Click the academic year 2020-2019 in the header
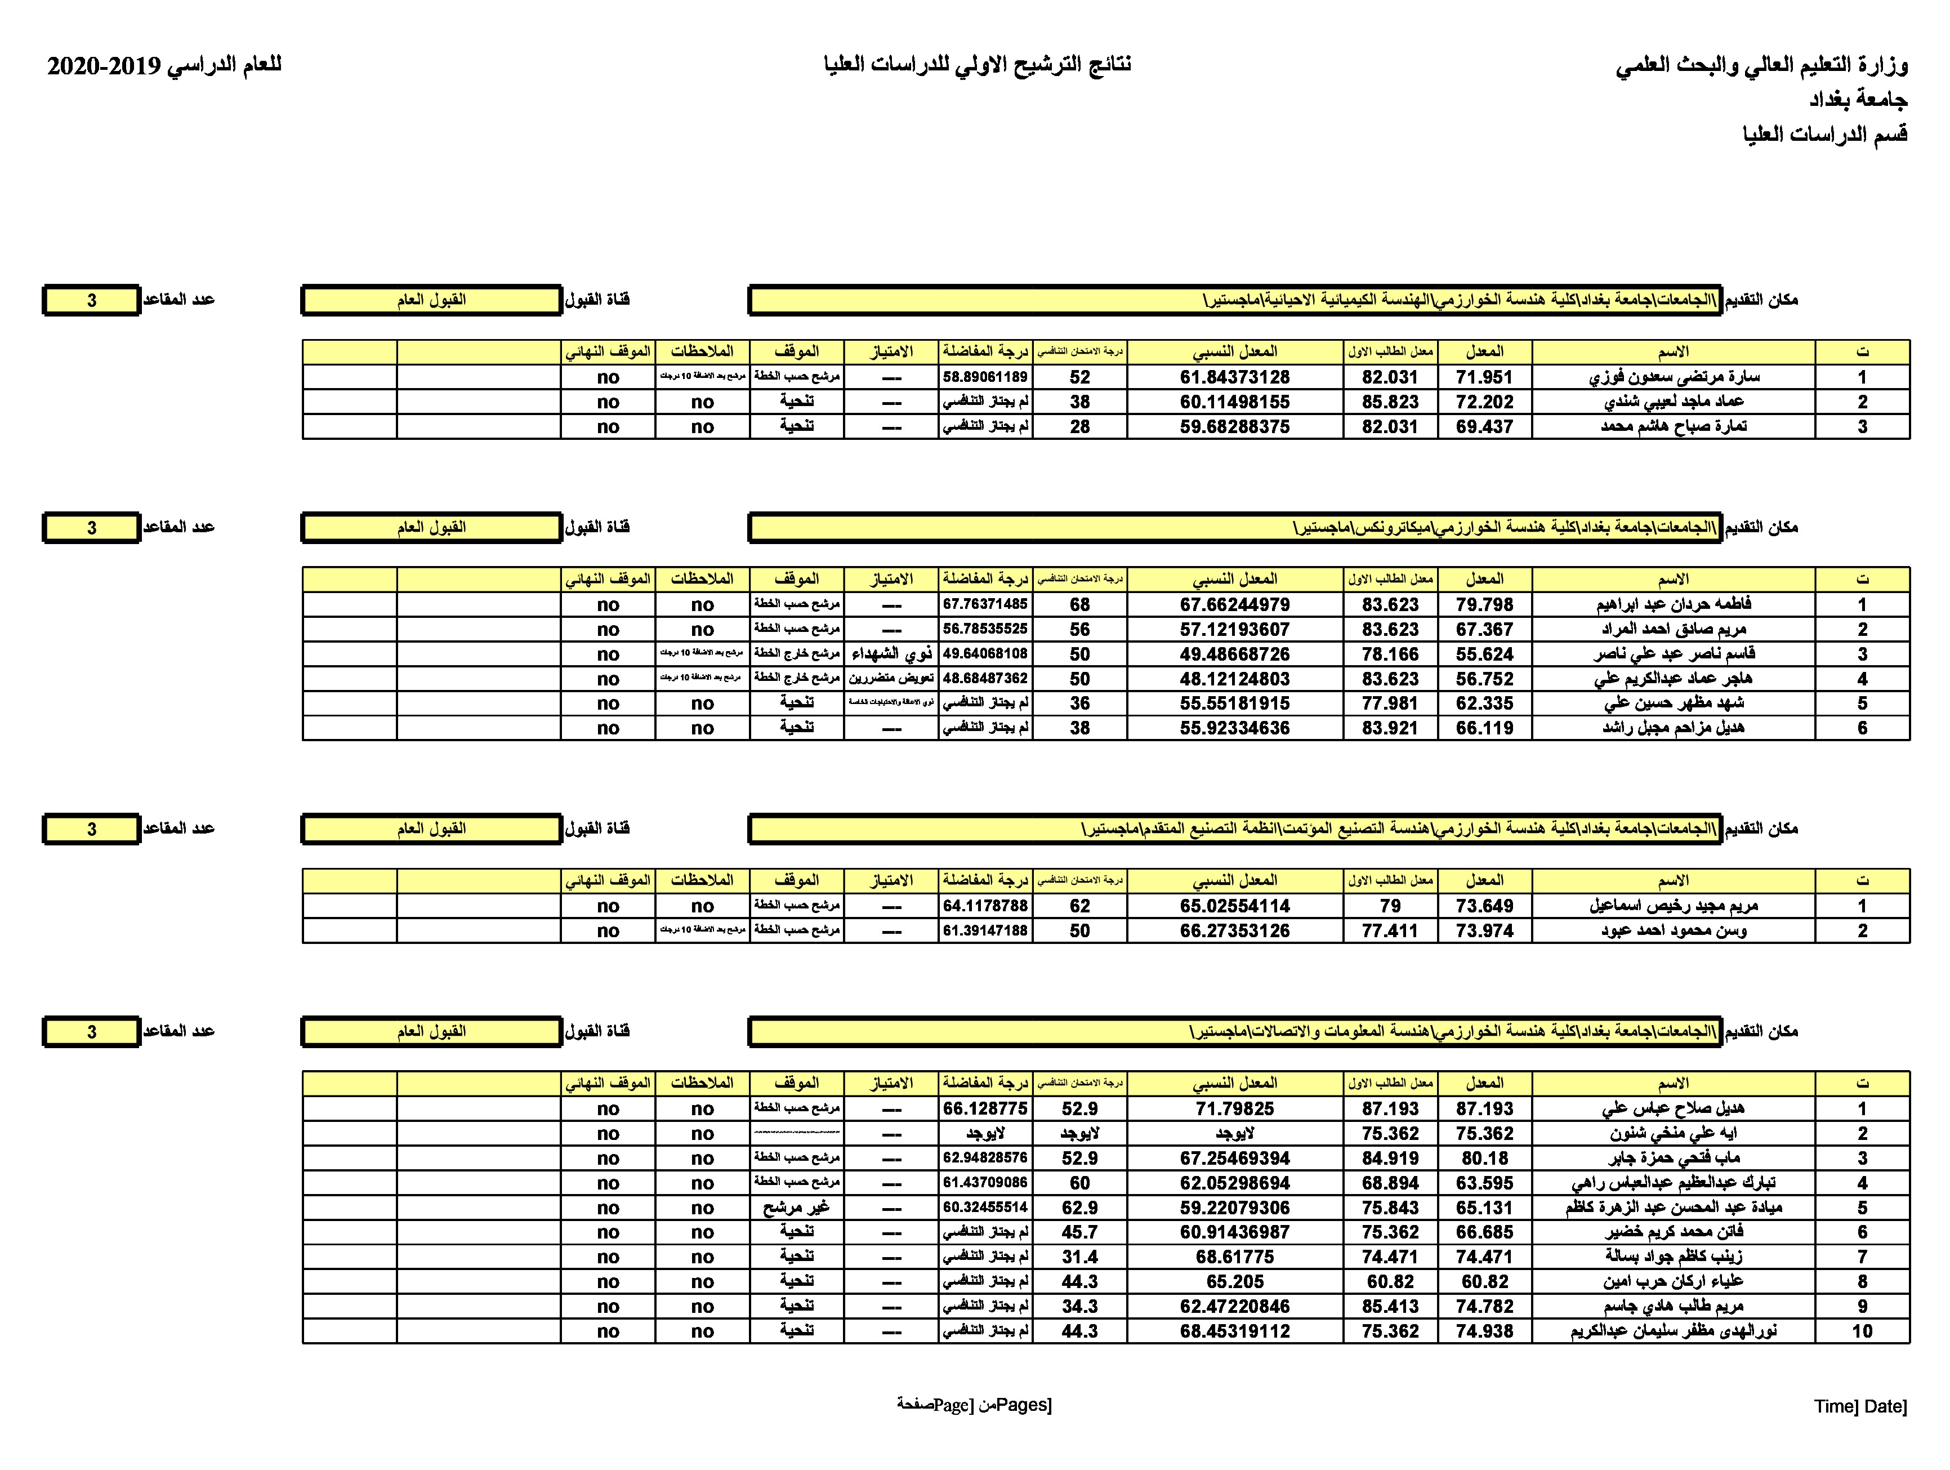tap(104, 65)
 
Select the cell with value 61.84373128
tap(1234, 377)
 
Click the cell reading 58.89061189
tap(985, 377)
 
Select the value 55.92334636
tap(1234, 728)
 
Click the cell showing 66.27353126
tap(1234, 931)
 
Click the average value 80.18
tap(1484, 1159)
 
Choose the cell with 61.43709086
tap(985, 1183)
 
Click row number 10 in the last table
tap(1861, 1331)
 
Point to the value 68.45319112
tap(1234, 1331)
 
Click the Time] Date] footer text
tap(1859, 1406)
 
